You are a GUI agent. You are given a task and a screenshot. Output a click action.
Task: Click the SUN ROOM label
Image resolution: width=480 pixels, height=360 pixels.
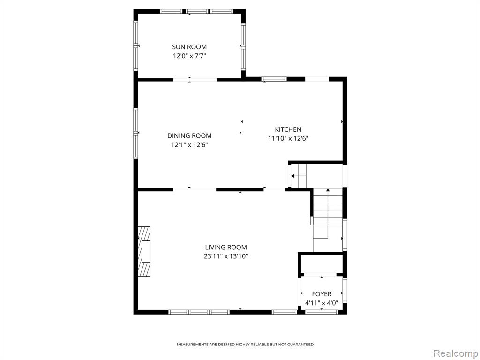coord(189,47)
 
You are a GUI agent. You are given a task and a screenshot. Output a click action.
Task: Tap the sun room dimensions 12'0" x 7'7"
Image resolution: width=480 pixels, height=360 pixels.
coord(189,56)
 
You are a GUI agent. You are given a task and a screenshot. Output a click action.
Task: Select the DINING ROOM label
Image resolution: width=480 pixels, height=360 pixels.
coord(189,135)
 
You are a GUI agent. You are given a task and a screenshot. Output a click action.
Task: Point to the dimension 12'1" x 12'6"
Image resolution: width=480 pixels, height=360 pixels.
coord(189,145)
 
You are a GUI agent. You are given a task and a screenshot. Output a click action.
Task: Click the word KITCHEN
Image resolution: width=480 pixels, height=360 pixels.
coord(288,129)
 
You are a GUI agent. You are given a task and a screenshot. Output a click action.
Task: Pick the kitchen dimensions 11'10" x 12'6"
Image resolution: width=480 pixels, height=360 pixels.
coord(288,138)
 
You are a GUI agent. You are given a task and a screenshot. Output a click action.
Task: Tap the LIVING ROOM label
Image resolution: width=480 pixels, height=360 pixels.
coord(226,247)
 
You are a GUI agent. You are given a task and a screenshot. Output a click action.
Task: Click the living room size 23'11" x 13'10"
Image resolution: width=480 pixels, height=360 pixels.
coord(226,256)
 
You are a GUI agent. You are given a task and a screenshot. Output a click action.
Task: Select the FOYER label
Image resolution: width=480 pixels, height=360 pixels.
coord(322,294)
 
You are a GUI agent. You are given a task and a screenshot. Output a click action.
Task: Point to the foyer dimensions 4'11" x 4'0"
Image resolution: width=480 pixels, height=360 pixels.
coord(322,303)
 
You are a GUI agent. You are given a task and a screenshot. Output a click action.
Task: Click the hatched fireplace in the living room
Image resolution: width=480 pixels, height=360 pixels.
coord(144,252)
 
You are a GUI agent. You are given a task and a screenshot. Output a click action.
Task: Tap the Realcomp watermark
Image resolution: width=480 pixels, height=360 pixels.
coord(455,353)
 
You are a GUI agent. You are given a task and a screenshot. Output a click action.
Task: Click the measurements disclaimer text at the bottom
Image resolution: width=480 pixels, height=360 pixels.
coord(245,345)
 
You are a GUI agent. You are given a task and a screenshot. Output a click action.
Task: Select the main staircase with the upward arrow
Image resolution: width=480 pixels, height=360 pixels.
coord(328,220)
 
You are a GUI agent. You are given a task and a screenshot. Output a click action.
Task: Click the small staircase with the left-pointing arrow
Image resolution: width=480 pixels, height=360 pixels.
coord(298,176)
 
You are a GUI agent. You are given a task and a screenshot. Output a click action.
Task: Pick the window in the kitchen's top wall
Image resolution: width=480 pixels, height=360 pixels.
coord(274,79)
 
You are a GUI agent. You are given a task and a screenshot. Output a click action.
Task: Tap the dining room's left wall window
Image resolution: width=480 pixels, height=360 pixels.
coord(135,133)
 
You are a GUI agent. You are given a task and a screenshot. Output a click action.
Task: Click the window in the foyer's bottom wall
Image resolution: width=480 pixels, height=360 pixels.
coord(322,312)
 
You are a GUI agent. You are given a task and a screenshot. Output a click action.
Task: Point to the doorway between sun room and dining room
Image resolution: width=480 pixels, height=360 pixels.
coord(195,80)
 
